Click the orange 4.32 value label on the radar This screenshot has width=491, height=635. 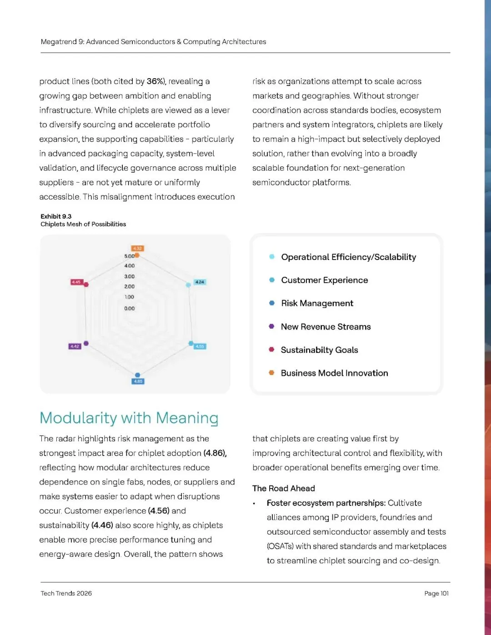click(137, 248)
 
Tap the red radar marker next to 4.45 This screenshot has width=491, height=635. click(86, 285)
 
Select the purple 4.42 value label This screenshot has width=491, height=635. click(75, 346)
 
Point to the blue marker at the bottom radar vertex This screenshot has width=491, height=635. click(138, 375)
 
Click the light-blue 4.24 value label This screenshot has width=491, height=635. click(200, 282)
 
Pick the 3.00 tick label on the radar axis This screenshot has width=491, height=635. click(130, 276)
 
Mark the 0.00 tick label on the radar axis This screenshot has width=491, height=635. click(130, 308)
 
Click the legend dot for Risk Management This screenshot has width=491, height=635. click(272, 303)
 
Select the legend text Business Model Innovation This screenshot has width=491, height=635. click(334, 373)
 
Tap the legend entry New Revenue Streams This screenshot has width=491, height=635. click(326, 327)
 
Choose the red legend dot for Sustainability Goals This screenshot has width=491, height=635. click(271, 350)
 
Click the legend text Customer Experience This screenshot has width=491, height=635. click(325, 280)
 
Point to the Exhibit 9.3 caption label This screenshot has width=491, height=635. click(56, 216)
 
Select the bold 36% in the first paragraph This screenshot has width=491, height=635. click(155, 81)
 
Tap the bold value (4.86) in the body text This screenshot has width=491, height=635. click(215, 453)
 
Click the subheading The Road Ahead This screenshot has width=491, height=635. click(284, 488)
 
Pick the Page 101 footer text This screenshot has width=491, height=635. click(436, 593)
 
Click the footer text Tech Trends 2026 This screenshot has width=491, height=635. click(66, 593)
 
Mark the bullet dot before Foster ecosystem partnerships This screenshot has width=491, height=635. click(254, 504)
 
